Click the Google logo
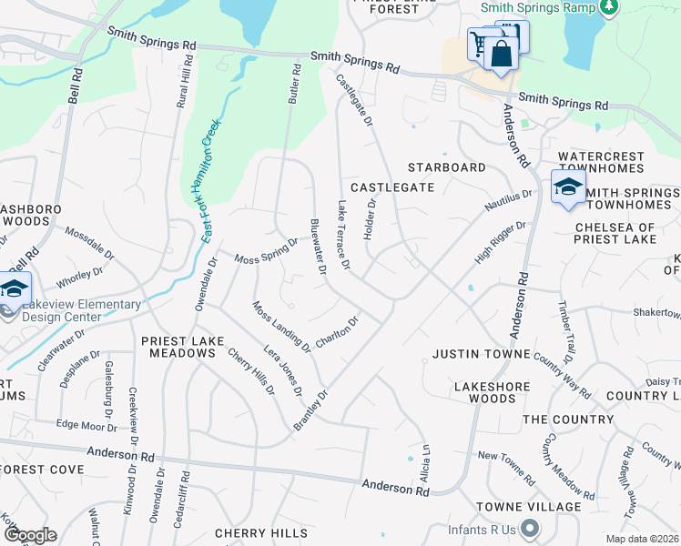click(x=29, y=535)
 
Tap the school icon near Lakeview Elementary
click(x=15, y=289)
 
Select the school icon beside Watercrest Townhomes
click(x=567, y=187)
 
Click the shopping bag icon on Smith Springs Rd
click(x=501, y=52)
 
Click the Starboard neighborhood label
click(x=446, y=167)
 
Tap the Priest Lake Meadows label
click(x=179, y=347)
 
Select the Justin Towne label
click(x=481, y=353)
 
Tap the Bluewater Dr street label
click(x=318, y=246)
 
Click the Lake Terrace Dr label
click(x=343, y=236)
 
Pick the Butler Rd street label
click(x=293, y=83)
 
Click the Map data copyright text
click(x=643, y=539)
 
